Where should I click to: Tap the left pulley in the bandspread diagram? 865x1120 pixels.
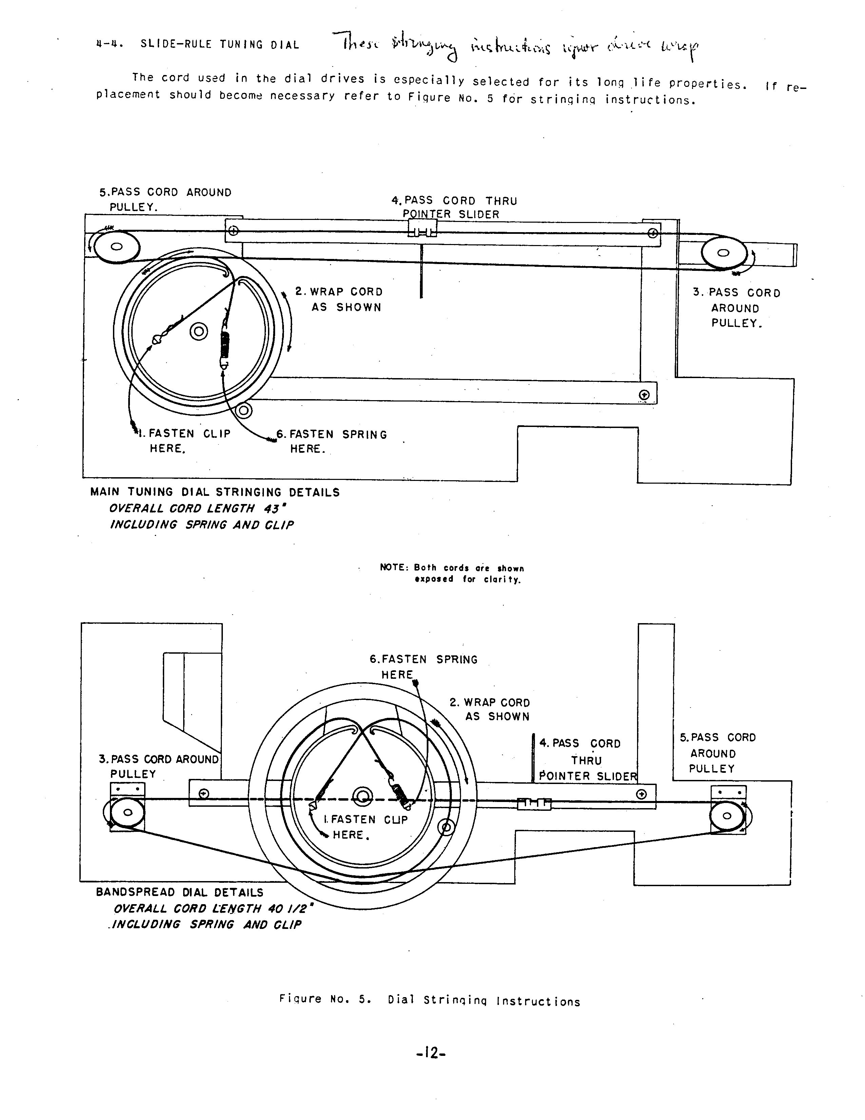coord(128,812)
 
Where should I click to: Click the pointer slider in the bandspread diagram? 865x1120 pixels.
coord(534,804)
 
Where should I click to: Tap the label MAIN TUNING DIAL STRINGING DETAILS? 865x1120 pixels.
coord(215,492)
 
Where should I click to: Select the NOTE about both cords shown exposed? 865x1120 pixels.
coord(452,573)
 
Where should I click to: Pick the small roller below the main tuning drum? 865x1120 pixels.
coord(244,410)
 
